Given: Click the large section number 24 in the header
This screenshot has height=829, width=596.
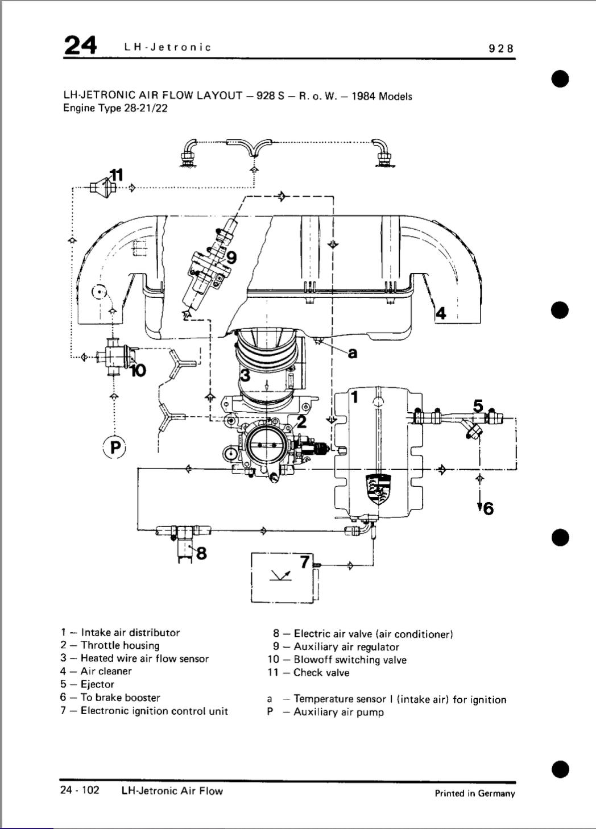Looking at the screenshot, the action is [x=80, y=45].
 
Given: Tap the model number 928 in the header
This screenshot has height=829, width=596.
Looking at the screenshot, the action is [x=501, y=48].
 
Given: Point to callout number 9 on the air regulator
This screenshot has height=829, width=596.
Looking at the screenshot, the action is [x=231, y=258].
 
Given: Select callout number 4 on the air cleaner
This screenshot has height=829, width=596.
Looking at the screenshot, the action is [x=441, y=313].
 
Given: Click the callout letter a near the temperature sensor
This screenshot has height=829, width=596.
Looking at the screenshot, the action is [x=353, y=353].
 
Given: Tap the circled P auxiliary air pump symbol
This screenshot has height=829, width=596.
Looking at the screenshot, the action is [x=115, y=448].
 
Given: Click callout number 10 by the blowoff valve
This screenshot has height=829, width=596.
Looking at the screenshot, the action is [x=138, y=370].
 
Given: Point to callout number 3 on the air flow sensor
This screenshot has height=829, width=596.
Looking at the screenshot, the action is [x=245, y=375].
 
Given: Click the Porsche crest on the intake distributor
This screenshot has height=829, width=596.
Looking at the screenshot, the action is [x=378, y=489].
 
